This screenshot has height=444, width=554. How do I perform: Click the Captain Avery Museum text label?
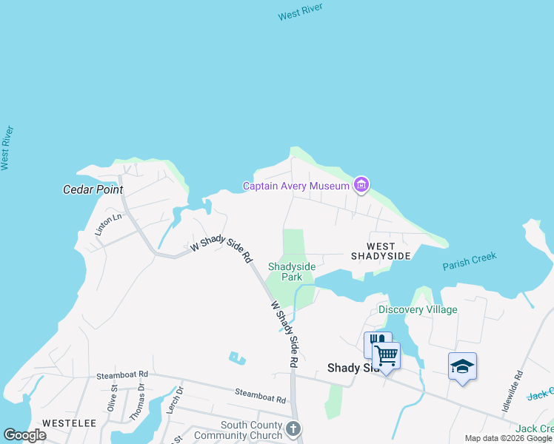296,186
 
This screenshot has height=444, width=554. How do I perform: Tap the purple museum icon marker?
361,184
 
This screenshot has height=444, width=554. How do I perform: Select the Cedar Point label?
93,189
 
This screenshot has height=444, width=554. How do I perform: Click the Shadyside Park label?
285,272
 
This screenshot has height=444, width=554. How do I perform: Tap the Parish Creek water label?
470,261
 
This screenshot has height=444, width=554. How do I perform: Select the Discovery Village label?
418,309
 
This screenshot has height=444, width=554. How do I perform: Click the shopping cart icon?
386,356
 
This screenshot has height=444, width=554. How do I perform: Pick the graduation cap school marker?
462,366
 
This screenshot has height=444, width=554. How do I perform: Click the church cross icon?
293,428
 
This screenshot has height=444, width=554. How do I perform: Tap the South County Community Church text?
238,430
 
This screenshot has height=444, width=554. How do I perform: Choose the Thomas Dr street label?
137,403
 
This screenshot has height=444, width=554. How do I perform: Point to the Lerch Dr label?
175,400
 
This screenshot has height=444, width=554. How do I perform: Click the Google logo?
24,435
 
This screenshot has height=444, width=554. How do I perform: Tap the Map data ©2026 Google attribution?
507,438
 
